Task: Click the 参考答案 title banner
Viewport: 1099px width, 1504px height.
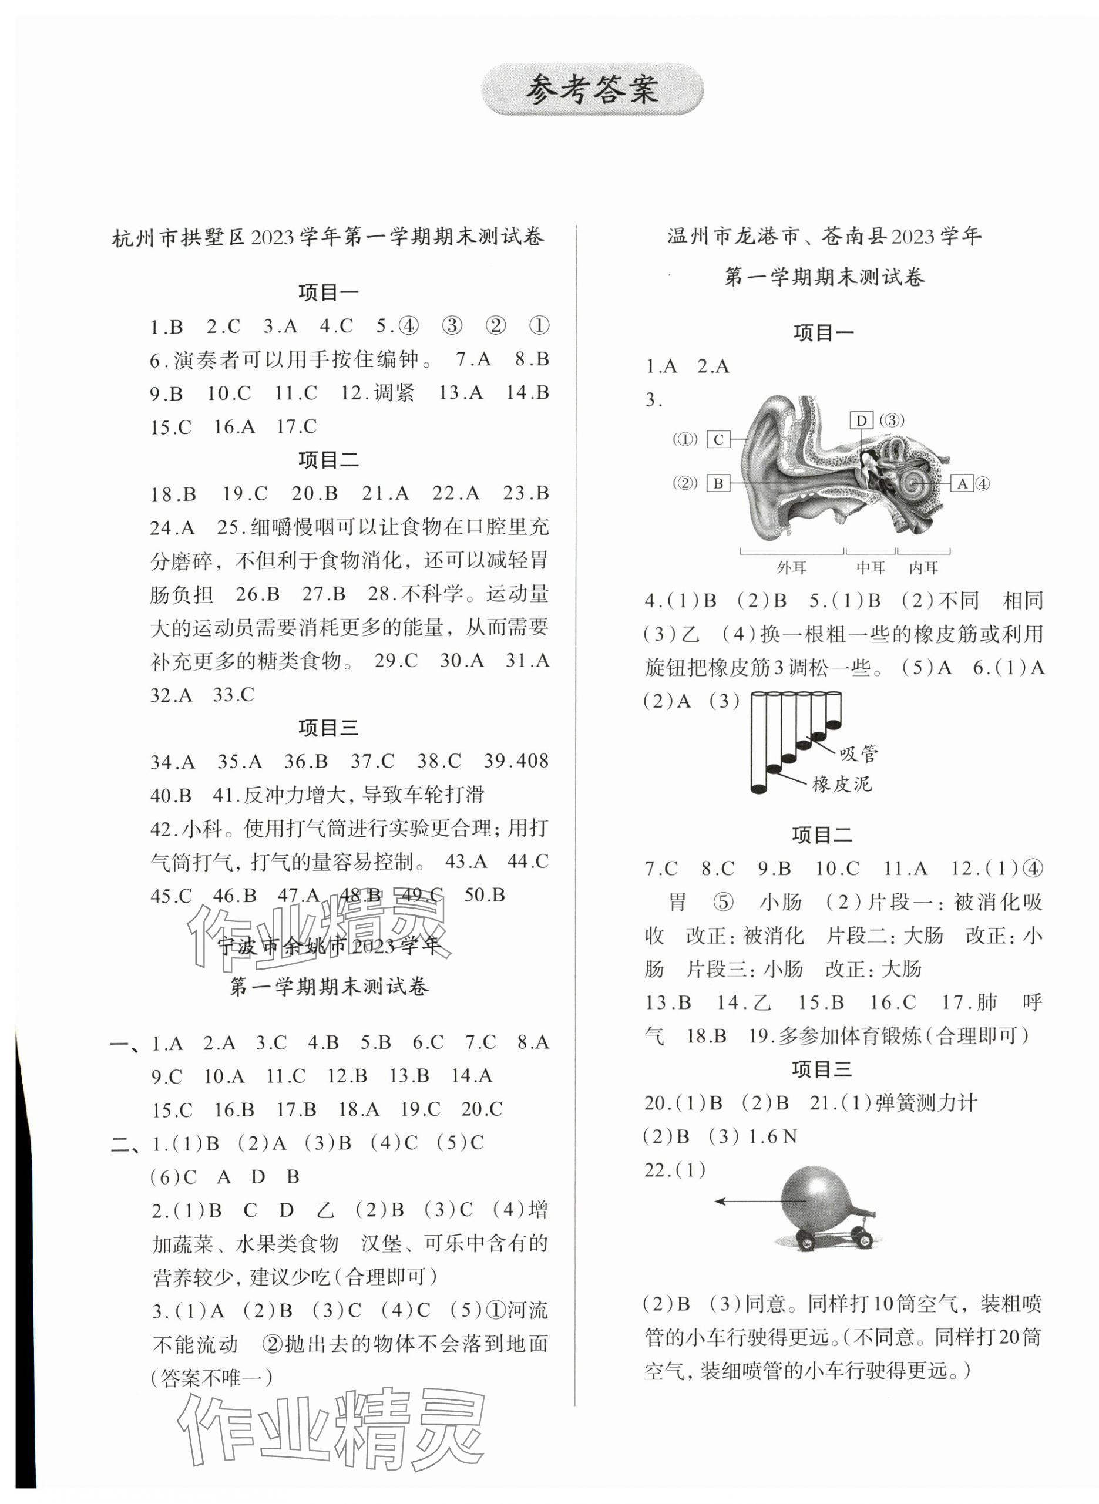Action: click(x=591, y=89)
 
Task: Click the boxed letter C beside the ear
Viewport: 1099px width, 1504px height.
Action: click(x=718, y=440)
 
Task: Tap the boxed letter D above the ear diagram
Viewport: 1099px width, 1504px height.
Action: click(x=862, y=420)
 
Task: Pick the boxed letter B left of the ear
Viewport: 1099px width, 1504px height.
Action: click(x=718, y=483)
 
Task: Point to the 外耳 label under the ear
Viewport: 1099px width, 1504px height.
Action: click(x=792, y=567)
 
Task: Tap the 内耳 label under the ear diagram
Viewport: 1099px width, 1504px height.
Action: click(x=923, y=567)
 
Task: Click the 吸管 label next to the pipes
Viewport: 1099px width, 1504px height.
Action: click(x=858, y=753)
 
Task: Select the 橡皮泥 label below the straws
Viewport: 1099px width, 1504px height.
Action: click(x=842, y=784)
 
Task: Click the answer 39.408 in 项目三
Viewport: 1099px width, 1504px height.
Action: click(x=516, y=761)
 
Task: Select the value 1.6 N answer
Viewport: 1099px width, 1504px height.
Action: click(x=772, y=1137)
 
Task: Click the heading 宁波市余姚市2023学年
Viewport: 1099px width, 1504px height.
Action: click(x=330, y=946)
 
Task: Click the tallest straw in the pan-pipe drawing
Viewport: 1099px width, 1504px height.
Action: click(x=758, y=742)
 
